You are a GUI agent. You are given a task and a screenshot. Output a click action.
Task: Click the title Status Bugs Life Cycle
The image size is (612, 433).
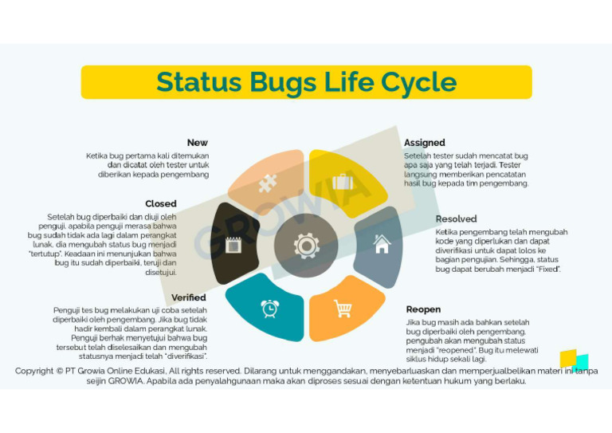coord(306,82)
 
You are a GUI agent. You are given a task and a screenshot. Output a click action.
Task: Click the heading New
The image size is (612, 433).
coord(198,143)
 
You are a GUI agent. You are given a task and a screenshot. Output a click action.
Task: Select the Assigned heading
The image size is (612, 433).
coord(425,143)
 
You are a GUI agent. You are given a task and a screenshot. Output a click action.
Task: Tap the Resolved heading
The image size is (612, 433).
coord(456,218)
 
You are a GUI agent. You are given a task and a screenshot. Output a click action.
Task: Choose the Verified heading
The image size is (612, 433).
coord(189,297)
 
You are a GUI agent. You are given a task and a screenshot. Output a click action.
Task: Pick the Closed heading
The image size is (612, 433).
coord(161,204)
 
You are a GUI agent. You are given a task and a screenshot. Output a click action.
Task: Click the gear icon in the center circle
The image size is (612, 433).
coord(306,246)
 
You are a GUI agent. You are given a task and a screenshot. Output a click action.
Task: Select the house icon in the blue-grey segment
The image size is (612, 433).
coord(382,244)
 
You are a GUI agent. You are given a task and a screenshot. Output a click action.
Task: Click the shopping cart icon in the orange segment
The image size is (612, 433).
coord(343,308)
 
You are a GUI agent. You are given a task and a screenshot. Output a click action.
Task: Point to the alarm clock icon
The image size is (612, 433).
coord(269,308)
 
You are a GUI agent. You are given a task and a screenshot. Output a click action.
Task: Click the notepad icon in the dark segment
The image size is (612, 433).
coord(233,245)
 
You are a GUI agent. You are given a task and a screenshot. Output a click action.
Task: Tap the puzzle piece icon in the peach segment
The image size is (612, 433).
coord(268,184)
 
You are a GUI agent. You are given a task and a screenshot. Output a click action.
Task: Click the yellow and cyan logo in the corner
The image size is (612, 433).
coord(573,360)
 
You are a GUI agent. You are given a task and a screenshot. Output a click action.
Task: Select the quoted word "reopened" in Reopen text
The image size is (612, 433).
coord(454,350)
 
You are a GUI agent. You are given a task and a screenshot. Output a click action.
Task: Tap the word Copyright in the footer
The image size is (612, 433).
coord(34,371)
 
